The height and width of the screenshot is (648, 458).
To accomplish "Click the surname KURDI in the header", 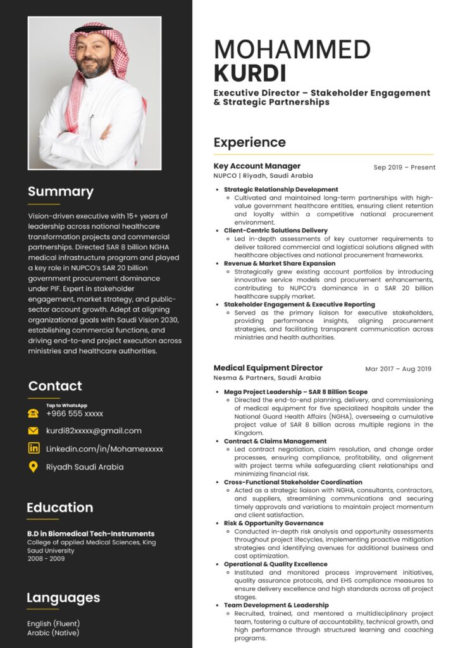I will coord(250,73).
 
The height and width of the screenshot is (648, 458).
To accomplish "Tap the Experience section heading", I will coord(249,142).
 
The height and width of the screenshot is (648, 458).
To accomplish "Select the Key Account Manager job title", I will coord(257,166).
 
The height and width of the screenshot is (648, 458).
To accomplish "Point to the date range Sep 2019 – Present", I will coord(404,168).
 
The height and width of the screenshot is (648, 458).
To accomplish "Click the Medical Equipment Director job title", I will coord(268,368).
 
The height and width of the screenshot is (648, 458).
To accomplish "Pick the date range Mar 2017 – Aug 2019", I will coord(398,369).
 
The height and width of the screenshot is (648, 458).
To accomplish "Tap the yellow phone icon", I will coord(34,413).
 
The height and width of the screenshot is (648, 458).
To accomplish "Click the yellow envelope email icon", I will coord(34,431).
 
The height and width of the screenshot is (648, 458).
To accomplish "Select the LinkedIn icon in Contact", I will coord(34,449).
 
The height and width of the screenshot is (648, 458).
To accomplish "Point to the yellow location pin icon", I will coord(34,467).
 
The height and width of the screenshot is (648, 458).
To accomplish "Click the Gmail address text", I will coord(94,431).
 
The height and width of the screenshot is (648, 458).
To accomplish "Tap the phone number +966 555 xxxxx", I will coord(75,414).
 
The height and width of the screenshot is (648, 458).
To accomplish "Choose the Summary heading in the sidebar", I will coord(61,192).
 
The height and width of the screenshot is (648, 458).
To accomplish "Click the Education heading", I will coord(60,508).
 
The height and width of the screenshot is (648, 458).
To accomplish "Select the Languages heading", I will coord(63,598).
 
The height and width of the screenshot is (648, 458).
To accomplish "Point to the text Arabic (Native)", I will coord(53,633).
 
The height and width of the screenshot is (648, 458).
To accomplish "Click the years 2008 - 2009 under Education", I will coord(45,559).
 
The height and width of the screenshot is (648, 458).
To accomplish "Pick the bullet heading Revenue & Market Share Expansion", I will coord(280,263).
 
